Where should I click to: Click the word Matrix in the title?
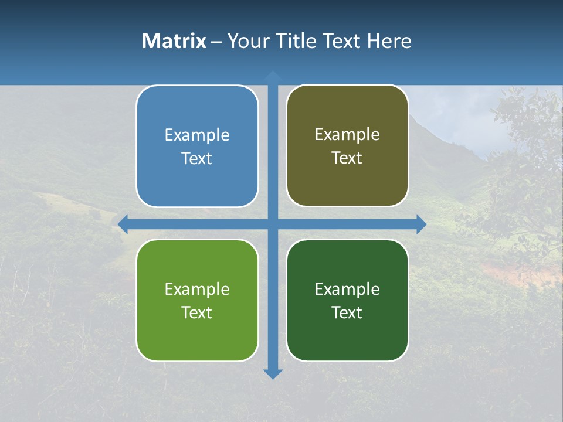[174, 41]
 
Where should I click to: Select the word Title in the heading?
[297, 41]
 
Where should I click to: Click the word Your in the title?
[246, 41]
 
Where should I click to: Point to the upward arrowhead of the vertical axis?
[273, 76]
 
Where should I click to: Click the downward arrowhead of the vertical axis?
[273, 373]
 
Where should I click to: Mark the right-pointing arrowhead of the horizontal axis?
[421, 224]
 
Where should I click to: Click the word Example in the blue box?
[197, 135]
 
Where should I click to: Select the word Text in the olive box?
[347, 158]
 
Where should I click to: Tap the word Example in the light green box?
[197, 290]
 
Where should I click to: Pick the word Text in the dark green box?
[347, 312]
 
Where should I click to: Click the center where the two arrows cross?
[273, 224]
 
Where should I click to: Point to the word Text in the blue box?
[197, 159]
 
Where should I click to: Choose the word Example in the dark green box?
[347, 290]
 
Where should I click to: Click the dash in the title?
[216, 42]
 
